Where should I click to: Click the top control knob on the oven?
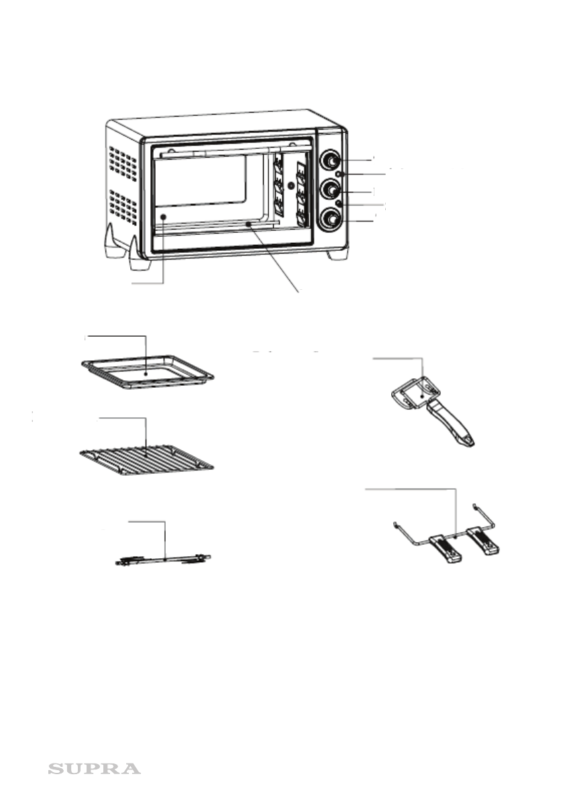pyautogui.click(x=329, y=161)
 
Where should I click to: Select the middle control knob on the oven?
pyautogui.click(x=329, y=190)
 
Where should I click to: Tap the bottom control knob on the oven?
pyautogui.click(x=329, y=219)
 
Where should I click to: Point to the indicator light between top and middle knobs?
pyautogui.click(x=341, y=174)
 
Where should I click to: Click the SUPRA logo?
pyautogui.click(x=94, y=768)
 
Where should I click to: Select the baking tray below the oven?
pyautogui.click(x=147, y=372)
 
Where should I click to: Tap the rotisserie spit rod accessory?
pyautogui.click(x=163, y=559)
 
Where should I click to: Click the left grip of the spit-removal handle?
pyautogui.click(x=445, y=549)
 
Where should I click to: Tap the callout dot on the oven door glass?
pyautogui.click(x=163, y=217)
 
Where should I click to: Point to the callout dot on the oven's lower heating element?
pyautogui.click(x=249, y=224)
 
